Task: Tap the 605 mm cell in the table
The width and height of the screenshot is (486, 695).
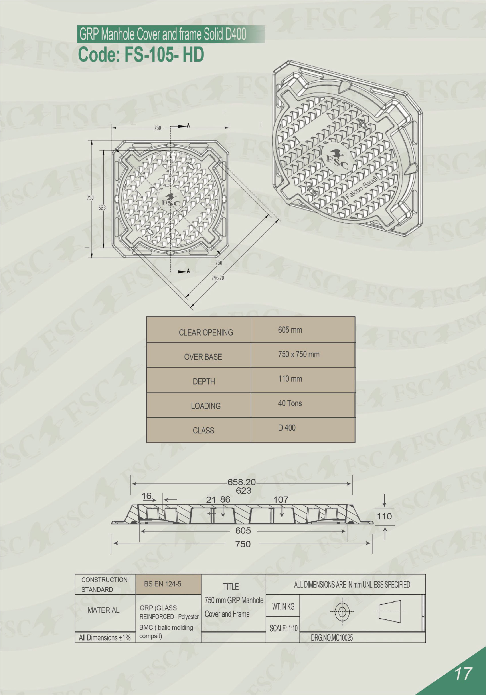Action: tap(290, 330)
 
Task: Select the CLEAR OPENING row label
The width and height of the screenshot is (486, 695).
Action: tap(206, 332)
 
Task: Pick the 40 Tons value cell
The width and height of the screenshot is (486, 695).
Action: tap(290, 403)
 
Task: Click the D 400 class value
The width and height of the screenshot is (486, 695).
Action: tap(287, 428)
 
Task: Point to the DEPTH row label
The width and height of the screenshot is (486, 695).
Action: tap(204, 381)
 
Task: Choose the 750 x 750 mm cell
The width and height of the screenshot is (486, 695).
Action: tap(298, 354)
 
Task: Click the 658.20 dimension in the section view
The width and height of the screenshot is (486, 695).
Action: tap(241, 482)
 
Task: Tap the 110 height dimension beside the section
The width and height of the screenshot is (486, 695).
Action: tap(384, 516)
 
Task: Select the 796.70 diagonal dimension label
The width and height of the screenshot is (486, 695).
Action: tap(218, 278)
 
